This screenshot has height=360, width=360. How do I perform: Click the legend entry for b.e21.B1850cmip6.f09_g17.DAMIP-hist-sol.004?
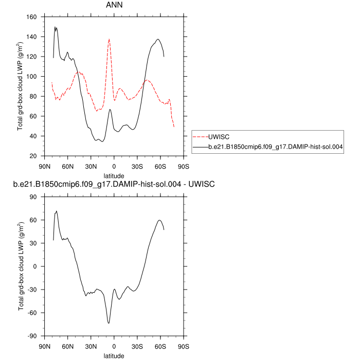pyautogui.click(x=276, y=148)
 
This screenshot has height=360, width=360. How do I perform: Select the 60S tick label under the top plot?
pyautogui.click(x=160, y=166)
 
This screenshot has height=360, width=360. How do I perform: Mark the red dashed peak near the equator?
pyautogui.click(x=109, y=39)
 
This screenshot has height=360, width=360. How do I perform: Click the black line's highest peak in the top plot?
pyautogui.click(x=55, y=27)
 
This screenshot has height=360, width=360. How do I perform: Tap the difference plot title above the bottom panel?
pyautogui.click(x=114, y=185)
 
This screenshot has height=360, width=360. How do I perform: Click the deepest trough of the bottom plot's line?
pyautogui.click(x=109, y=323)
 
